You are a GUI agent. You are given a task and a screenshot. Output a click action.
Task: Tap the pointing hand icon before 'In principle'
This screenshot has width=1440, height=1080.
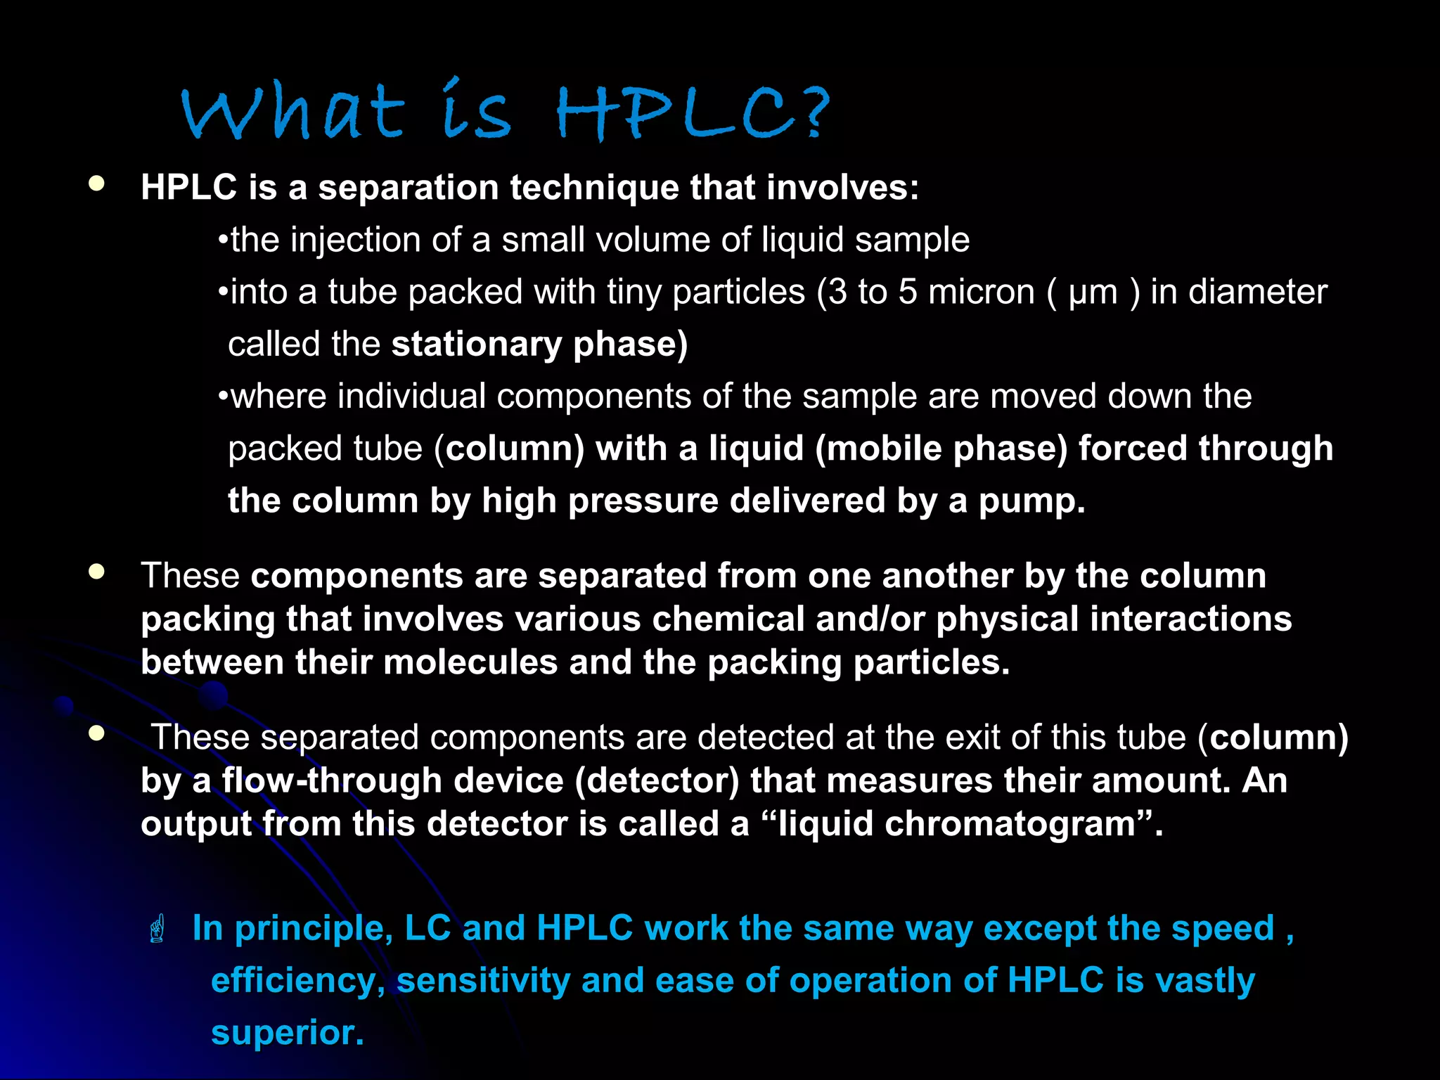pos(157,928)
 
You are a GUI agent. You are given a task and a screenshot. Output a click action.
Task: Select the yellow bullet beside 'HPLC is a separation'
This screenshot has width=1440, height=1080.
pos(96,184)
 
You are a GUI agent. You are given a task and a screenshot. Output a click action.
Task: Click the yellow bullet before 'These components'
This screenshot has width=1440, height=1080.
pos(96,572)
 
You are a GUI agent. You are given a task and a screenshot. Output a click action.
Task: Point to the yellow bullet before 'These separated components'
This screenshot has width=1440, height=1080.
pos(96,734)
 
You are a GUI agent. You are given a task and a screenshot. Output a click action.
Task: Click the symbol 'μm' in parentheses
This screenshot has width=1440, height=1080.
pos(1093,292)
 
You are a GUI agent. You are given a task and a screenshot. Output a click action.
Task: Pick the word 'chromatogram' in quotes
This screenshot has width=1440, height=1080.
pos(1010,824)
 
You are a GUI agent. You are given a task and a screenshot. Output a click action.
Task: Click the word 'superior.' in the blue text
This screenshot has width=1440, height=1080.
pos(287,1032)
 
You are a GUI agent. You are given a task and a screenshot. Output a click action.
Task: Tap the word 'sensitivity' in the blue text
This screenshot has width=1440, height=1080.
pos(483,980)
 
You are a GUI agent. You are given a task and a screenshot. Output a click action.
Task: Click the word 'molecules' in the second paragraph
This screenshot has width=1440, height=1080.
pos(470,662)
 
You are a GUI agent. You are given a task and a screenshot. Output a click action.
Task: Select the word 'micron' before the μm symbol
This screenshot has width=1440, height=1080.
pos(981,292)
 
